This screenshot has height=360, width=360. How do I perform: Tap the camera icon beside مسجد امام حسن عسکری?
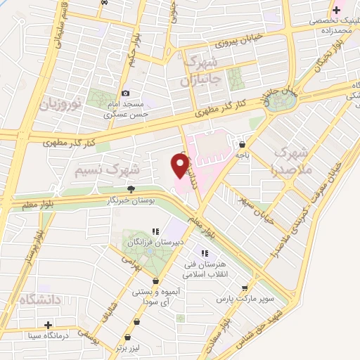click(x=125, y=93)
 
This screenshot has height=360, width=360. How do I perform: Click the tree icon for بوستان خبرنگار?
click(x=131, y=188)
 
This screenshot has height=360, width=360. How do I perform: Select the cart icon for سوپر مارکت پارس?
click(x=244, y=288)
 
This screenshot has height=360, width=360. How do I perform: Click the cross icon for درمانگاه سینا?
click(x=48, y=325)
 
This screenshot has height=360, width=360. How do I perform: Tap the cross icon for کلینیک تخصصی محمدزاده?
click(x=336, y=10)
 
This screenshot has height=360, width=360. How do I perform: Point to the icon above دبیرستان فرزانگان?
click(x=155, y=231)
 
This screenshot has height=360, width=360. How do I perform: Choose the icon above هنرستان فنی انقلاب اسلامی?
click(x=205, y=253)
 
